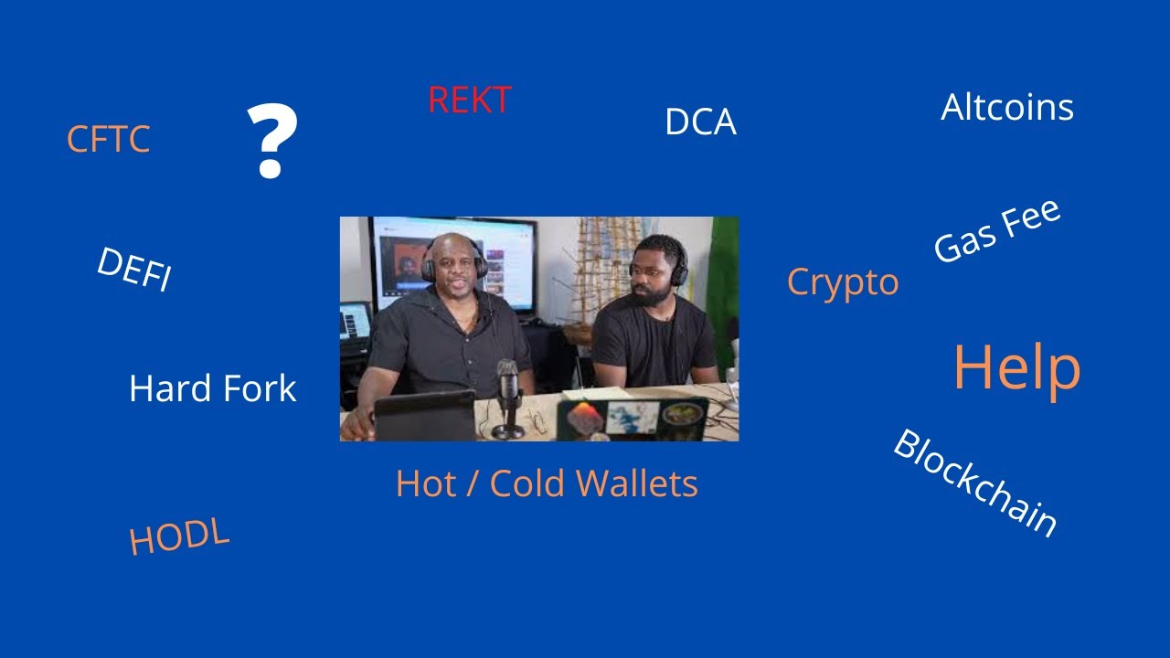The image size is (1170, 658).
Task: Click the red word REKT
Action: point(469,101)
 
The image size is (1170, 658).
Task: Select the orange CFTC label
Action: point(108,140)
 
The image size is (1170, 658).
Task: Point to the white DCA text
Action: point(700,122)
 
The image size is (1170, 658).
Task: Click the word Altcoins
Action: point(1006,108)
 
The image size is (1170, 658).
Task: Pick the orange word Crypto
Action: point(843,282)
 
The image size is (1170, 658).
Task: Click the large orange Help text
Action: point(1016,367)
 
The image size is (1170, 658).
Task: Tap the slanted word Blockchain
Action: point(974,483)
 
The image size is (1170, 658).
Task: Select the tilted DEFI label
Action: point(133,270)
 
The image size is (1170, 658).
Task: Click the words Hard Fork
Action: point(213,388)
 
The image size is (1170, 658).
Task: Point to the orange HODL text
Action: point(178,537)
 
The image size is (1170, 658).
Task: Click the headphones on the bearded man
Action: point(677,263)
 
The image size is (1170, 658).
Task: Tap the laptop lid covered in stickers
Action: point(633,419)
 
